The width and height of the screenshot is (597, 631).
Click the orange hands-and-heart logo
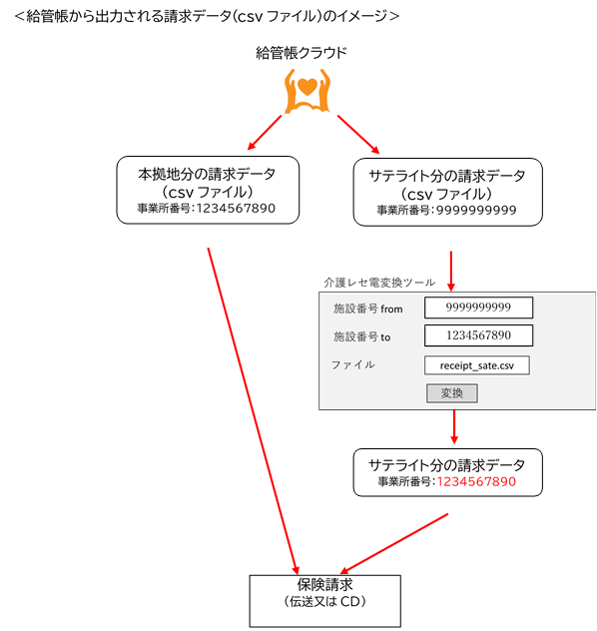point(307,91)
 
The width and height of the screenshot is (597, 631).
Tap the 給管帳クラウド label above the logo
point(301,53)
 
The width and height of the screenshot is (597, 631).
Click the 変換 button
point(452,393)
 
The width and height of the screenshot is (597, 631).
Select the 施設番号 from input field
point(479,308)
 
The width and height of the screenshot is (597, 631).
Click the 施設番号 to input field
point(479,335)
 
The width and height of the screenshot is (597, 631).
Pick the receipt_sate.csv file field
point(477,365)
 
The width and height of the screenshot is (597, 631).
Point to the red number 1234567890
point(476,481)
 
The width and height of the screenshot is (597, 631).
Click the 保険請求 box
point(325,601)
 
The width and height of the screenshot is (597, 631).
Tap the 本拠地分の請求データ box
point(208,190)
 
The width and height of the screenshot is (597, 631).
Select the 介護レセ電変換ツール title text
point(379,283)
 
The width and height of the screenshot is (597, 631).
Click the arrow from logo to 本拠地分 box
point(265,133)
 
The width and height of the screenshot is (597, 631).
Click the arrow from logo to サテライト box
point(358,135)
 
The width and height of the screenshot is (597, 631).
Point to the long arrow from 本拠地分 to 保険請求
point(253,411)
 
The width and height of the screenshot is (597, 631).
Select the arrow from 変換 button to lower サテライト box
point(454,427)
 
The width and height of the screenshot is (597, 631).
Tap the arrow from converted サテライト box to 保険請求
point(394,544)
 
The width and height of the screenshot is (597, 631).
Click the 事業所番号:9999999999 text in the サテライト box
point(446,210)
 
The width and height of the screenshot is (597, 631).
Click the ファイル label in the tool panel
point(352,365)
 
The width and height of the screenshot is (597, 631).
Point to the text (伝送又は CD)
point(325,601)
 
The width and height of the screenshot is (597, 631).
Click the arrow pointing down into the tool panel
point(451,271)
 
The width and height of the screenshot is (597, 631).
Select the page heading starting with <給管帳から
point(207,16)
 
